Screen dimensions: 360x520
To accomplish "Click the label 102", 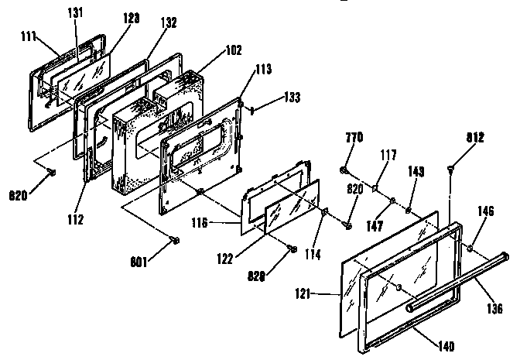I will pos(233,50).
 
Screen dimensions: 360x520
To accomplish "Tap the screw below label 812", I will pos(451,166).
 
